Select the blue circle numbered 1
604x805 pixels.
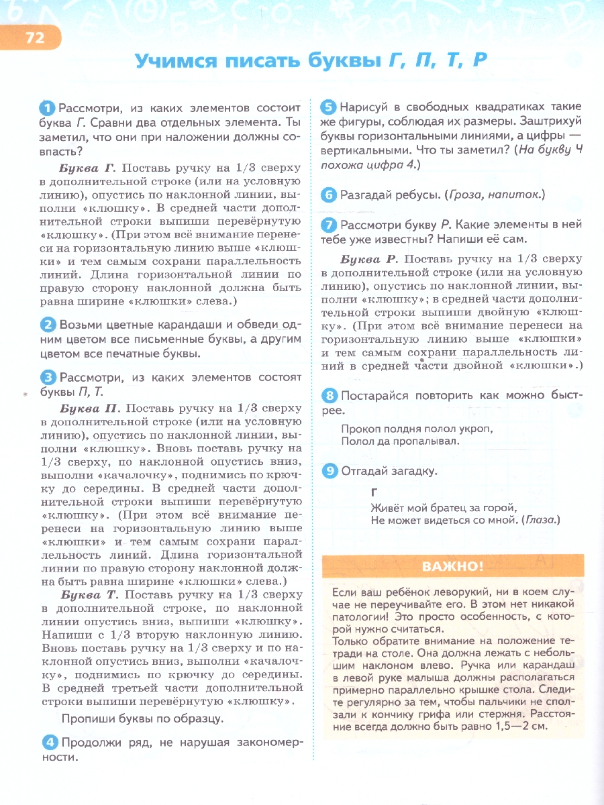[x=48, y=108]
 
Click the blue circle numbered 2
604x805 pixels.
[x=48, y=325]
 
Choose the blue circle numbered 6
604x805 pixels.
[x=328, y=195]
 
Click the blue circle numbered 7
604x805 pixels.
[x=328, y=225]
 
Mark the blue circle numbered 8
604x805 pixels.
[x=329, y=396]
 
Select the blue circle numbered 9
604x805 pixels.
[x=329, y=471]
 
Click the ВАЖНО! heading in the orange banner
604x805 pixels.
[x=452, y=567]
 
